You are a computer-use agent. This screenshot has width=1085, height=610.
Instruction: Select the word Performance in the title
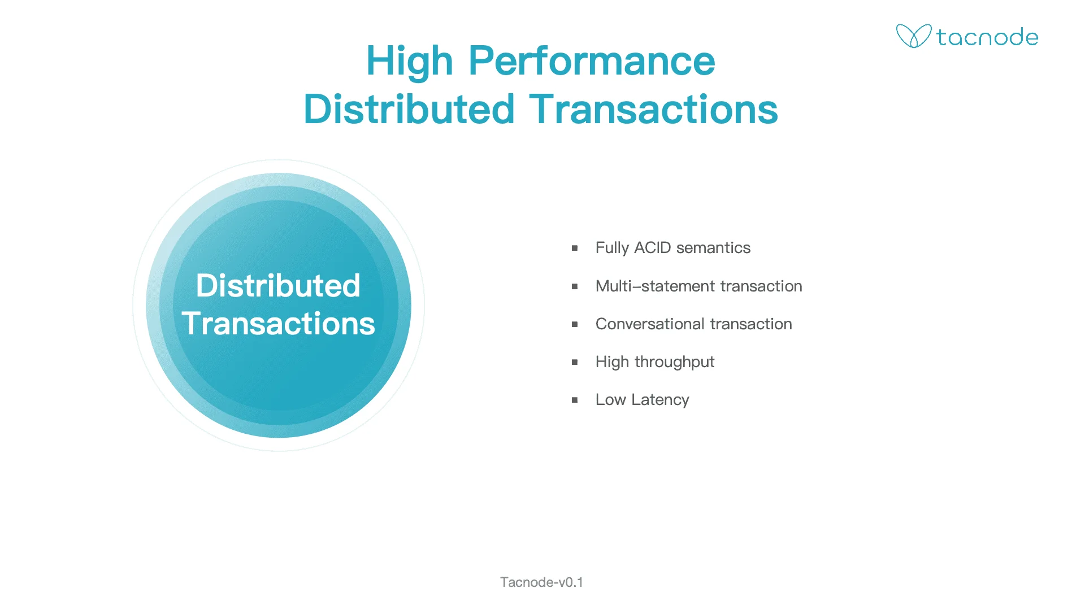(x=592, y=60)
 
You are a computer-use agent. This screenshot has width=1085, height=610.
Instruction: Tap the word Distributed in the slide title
(x=409, y=109)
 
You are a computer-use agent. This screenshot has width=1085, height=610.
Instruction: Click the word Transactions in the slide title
(x=653, y=109)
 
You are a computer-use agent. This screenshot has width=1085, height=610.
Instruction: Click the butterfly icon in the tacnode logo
(x=913, y=36)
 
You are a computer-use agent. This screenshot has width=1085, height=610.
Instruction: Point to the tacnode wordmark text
(x=987, y=37)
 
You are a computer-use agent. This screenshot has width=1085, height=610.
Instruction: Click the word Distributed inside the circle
(x=278, y=285)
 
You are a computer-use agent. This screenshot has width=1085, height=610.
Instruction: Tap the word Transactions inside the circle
(x=278, y=324)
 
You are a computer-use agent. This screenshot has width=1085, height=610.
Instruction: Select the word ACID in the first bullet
(x=653, y=248)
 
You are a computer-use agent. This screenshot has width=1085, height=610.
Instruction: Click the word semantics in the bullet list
(x=713, y=248)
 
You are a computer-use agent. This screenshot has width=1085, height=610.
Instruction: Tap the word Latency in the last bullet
(x=660, y=400)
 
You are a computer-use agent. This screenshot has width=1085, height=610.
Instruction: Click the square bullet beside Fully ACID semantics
(x=575, y=248)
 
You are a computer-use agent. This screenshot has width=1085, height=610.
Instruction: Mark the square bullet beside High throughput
(x=575, y=362)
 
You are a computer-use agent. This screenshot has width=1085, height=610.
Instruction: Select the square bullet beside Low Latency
(x=575, y=400)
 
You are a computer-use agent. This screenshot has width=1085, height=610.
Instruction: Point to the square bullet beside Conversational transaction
(x=575, y=324)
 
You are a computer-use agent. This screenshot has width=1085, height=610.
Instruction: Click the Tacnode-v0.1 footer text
(x=542, y=582)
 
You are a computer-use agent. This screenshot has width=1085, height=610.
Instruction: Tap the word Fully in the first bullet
(x=613, y=248)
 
